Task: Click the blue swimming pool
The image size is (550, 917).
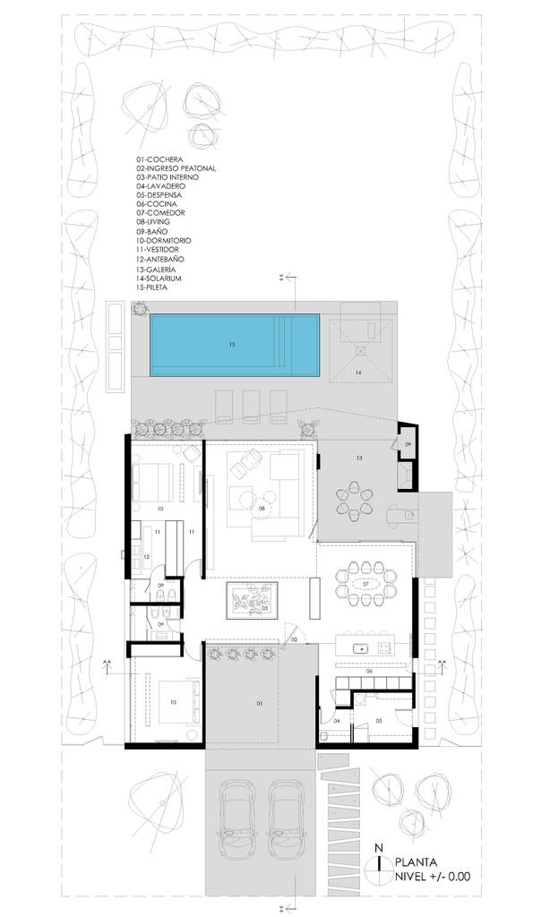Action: click(x=235, y=346)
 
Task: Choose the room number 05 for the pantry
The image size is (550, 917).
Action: click(x=379, y=719)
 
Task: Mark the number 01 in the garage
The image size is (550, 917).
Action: click(x=260, y=704)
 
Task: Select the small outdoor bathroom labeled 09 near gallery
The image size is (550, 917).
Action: click(x=407, y=443)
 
